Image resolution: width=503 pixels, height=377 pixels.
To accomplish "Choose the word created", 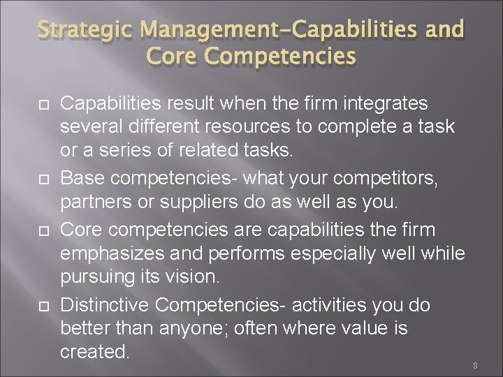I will tap(95, 351).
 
